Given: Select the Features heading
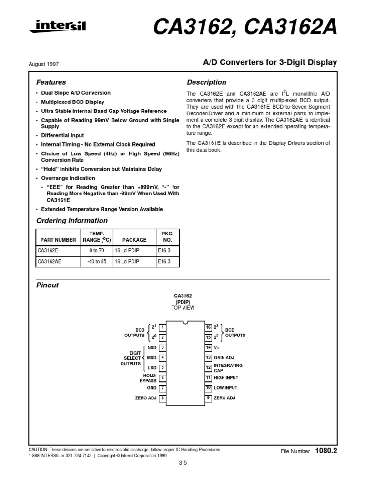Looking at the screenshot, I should point(51,82).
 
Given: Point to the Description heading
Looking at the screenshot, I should point(206,82).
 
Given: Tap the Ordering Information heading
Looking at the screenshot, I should point(72,221).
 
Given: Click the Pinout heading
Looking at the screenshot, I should point(47,285).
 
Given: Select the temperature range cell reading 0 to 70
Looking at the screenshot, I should point(96,249).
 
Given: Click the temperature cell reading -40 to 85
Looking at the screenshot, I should point(96,262).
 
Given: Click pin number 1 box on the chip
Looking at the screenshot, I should point(163,327).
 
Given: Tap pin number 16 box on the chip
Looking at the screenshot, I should point(208,327).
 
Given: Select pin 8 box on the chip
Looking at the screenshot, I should point(163,398).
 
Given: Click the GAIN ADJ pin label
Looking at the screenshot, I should point(224,357).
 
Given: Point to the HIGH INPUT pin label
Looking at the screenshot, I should point(225,377).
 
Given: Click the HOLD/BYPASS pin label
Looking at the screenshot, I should point(148,378).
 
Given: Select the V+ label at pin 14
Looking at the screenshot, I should point(217,347).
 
